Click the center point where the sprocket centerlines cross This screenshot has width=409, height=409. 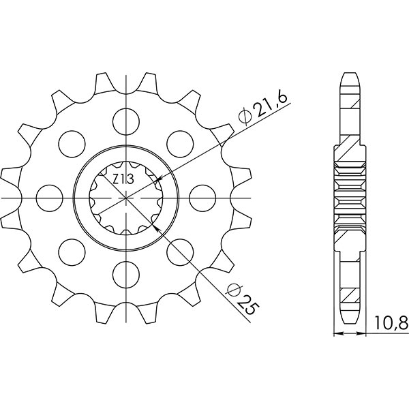pos(126,198)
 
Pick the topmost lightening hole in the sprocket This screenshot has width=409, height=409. pos(126,121)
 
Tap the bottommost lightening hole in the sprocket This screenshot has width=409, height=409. pos(126,274)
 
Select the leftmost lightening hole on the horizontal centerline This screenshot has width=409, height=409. pos(49,198)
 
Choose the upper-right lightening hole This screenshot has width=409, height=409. pos(181,143)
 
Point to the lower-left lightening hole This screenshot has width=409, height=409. pos(72,252)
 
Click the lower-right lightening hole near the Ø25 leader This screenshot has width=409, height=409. pos(181,252)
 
